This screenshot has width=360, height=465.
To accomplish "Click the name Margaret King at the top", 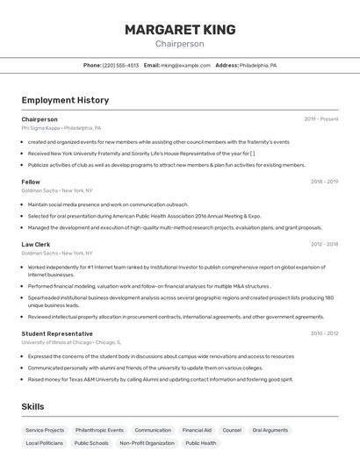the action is pos(180,30).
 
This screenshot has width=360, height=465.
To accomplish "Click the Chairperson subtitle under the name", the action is pos(180,44).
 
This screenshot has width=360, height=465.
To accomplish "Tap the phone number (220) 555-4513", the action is pos(120,65).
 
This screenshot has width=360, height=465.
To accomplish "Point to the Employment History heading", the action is pos(65,101).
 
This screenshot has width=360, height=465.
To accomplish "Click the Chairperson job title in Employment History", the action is pos(40,119).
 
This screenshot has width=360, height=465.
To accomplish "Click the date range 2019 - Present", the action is pos(320,119).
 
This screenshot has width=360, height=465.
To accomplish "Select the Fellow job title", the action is pos(31,182).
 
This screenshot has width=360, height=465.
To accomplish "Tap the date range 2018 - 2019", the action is pos(324,182).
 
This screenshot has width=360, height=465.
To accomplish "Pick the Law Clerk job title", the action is pos(36,244).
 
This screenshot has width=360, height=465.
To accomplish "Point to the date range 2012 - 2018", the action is pos(324,244).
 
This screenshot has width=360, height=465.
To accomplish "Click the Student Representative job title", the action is pos(57,333).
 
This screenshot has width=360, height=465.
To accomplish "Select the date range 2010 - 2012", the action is pos(324,333).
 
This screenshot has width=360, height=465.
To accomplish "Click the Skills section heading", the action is pos(32,407).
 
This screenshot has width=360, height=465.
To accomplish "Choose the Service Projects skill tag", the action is pos(45,431).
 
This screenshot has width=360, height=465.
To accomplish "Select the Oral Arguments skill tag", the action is pos(270,431).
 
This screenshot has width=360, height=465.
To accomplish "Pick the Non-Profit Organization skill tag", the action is pos(147,443).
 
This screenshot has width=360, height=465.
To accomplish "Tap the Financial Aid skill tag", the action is pos(197,431).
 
